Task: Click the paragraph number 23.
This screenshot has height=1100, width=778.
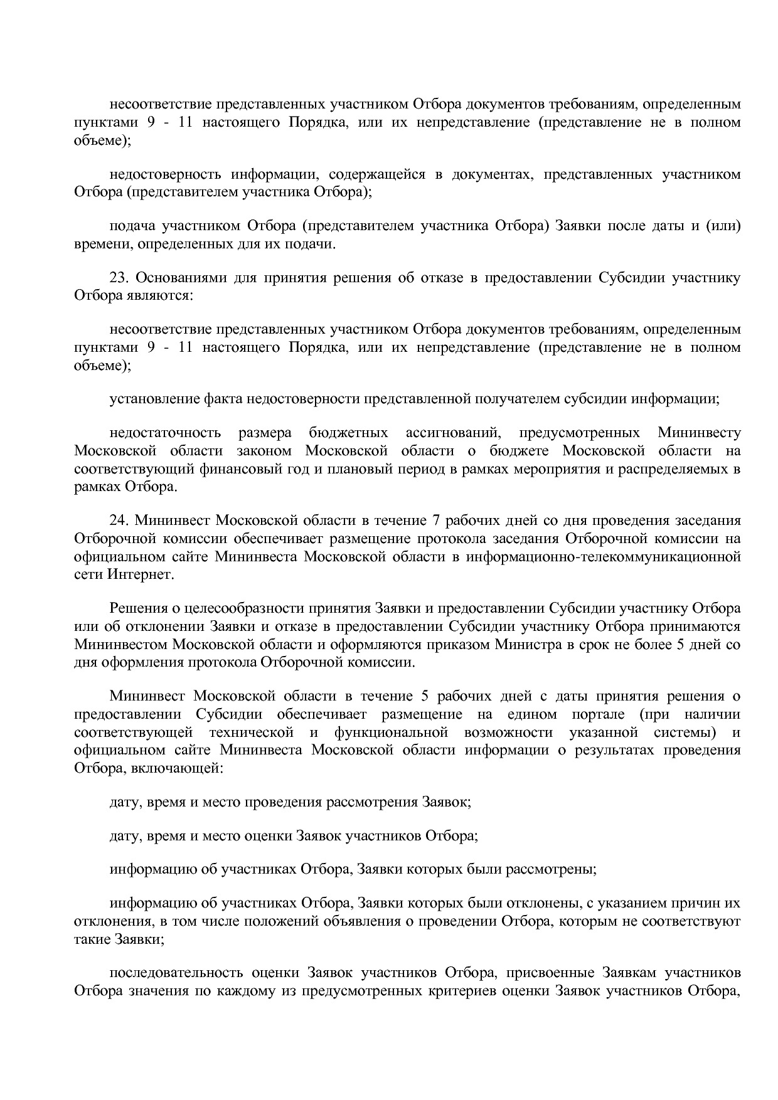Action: tap(119, 278)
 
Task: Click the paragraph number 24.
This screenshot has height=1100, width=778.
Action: tap(119, 521)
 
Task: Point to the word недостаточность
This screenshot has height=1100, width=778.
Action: tap(165, 433)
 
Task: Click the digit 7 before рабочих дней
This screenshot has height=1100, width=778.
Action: tap(437, 521)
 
